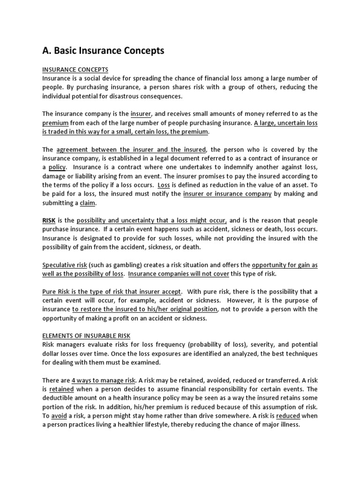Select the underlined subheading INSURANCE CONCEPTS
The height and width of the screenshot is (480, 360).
click(75, 69)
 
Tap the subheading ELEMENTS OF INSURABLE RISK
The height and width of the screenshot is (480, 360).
click(86, 335)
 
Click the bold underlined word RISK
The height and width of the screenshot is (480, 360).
click(49, 220)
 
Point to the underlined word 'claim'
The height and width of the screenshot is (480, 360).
click(88, 202)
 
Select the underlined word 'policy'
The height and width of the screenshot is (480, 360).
click(57, 167)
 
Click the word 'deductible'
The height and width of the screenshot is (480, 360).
click(58, 397)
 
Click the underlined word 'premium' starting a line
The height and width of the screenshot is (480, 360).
click(56, 123)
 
